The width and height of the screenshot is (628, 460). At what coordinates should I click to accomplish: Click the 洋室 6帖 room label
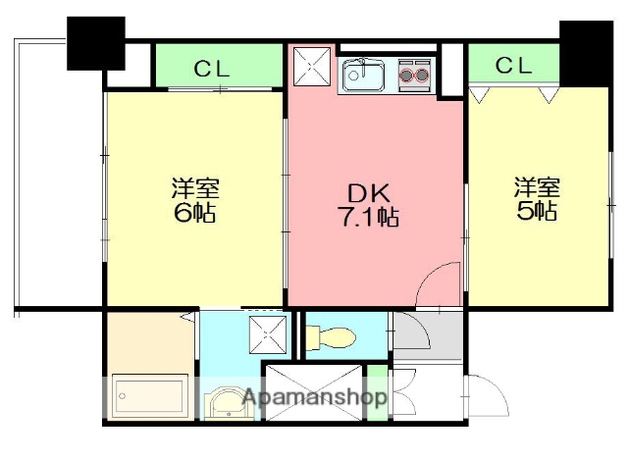[194, 199]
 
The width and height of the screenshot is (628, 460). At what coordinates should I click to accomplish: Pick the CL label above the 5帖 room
[514, 66]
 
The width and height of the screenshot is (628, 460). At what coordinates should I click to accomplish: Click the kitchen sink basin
[364, 75]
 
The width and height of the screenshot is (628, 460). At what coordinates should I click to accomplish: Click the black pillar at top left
[95, 42]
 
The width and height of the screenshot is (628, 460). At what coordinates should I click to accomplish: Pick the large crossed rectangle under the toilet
[313, 392]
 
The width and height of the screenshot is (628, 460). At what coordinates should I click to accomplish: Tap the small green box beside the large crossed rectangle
[377, 392]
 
